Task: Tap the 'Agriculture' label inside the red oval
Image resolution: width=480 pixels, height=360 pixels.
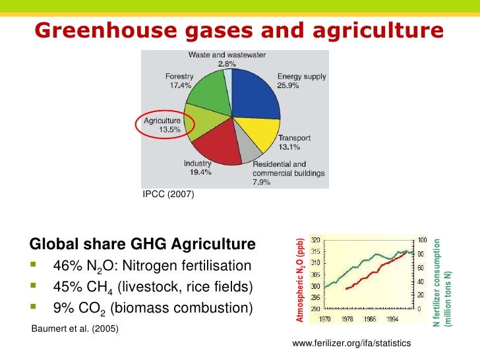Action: coord(162,121)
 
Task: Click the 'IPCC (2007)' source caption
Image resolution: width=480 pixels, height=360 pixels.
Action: coord(168,194)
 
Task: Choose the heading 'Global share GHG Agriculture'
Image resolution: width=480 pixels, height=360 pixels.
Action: coord(142,245)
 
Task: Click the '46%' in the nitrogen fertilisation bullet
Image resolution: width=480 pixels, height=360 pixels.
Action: coord(65,266)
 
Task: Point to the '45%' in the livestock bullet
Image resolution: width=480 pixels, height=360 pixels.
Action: coord(65,287)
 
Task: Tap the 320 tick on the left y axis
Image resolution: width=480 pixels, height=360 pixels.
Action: coord(315,240)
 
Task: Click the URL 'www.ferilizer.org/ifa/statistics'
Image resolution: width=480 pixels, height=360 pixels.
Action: coord(351,344)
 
